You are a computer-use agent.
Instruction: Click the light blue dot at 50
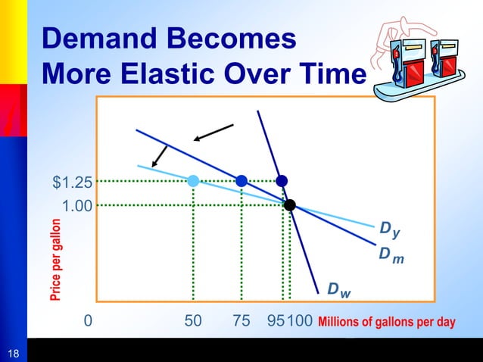click(193, 180)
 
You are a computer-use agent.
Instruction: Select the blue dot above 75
click(241, 180)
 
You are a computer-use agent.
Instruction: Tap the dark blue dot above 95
click(282, 180)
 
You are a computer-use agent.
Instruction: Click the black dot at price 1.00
click(289, 204)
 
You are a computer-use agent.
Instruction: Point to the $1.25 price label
click(73, 182)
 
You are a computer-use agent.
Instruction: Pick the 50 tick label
click(193, 321)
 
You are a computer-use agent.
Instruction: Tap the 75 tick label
click(241, 321)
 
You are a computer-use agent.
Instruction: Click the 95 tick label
click(276, 321)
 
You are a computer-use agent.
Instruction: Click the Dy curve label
click(388, 228)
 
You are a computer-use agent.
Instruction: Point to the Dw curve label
click(338, 290)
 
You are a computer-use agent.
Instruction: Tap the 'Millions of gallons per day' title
click(386, 322)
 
